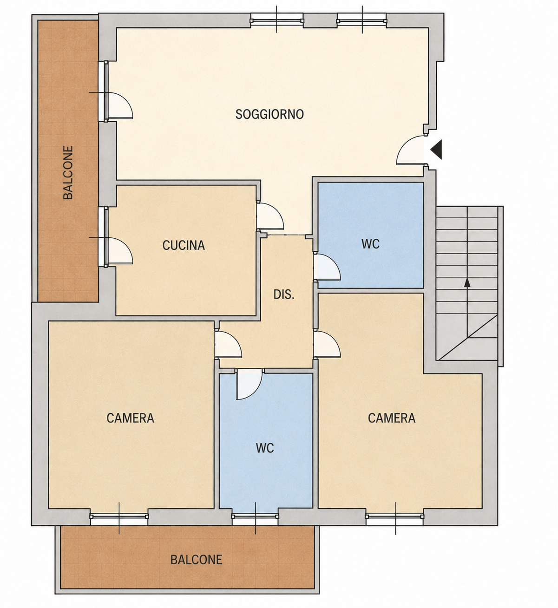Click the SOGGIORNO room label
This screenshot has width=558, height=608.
[x=269, y=114]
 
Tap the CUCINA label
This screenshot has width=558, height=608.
[x=184, y=245]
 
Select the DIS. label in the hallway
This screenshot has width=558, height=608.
[x=284, y=294]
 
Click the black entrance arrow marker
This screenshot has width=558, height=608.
[x=436, y=150]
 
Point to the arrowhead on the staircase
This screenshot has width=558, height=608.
[x=467, y=282]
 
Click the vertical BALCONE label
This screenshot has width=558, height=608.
[x=68, y=172]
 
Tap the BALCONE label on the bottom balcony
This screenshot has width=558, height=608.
[x=196, y=559]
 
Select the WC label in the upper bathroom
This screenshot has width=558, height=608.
[x=371, y=244]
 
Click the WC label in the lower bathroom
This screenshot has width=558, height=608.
[x=265, y=448]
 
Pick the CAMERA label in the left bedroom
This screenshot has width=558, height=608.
[x=131, y=418]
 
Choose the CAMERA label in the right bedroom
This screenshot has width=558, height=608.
[x=392, y=418]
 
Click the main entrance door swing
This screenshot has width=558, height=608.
[x=410, y=150]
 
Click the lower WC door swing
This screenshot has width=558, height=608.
[x=249, y=384]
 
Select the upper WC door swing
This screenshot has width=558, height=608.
[x=327, y=267]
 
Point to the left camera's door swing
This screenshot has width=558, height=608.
[x=228, y=344]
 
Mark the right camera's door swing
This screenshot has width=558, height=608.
[x=327, y=344]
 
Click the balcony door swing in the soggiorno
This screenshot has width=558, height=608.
[x=120, y=105]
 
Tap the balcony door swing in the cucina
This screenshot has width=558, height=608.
[x=120, y=250]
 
